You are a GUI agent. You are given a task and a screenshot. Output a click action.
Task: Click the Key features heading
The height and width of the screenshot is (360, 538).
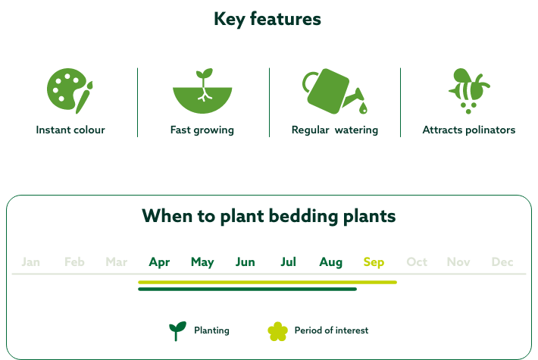(x=267, y=19)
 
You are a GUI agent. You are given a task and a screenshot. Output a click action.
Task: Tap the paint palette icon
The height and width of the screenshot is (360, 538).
(x=70, y=90)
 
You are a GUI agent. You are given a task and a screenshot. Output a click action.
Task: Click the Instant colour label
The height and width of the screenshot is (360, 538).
(x=70, y=130)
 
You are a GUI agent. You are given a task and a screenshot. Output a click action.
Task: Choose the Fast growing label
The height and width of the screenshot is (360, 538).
(x=202, y=130)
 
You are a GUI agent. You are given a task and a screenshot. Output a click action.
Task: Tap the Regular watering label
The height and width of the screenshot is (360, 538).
(x=334, y=130)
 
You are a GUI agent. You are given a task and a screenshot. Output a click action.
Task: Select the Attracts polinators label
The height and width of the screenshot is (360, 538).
(x=468, y=130)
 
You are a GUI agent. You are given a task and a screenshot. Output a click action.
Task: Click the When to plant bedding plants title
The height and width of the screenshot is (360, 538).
(x=269, y=216)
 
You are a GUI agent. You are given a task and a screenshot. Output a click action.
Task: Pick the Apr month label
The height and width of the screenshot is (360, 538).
(x=159, y=262)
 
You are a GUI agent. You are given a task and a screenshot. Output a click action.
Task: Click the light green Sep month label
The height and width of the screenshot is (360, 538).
(x=374, y=262)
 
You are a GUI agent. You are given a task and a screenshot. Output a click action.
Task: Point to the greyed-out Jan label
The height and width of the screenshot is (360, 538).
(x=31, y=262)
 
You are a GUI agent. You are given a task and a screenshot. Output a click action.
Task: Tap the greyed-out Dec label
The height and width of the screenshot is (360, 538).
(x=502, y=262)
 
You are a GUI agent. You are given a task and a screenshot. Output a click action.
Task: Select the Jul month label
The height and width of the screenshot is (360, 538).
(x=288, y=262)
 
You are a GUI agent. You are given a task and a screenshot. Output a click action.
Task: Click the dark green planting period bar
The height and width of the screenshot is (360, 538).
(x=247, y=289)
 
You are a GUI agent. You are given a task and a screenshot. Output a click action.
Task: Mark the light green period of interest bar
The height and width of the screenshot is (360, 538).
(x=267, y=282)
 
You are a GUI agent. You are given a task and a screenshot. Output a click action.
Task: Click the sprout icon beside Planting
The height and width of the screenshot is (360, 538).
(x=177, y=330)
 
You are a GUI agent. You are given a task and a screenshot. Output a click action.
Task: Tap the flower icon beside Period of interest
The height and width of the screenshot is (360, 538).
(x=278, y=330)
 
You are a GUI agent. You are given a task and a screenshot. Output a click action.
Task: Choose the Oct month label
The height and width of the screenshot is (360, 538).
(x=417, y=262)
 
